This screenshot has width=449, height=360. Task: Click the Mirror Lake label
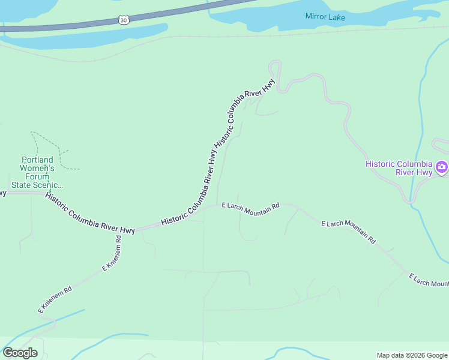tap(325, 17)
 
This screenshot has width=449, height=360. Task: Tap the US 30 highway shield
tap(124, 20)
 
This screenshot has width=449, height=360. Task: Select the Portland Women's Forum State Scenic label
tap(37, 173)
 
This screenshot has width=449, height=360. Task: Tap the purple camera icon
tap(442, 167)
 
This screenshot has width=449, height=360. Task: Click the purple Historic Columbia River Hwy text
tap(399, 168)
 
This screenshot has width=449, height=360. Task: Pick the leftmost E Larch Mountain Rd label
tap(250, 206)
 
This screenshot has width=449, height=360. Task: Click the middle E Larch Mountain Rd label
tap(348, 232)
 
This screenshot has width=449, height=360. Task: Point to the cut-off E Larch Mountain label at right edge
tap(429, 280)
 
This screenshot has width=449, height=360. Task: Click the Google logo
tap(20, 353)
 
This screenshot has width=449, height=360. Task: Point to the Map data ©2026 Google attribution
tap(412, 355)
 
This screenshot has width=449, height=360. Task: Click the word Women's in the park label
tap(38, 169)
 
